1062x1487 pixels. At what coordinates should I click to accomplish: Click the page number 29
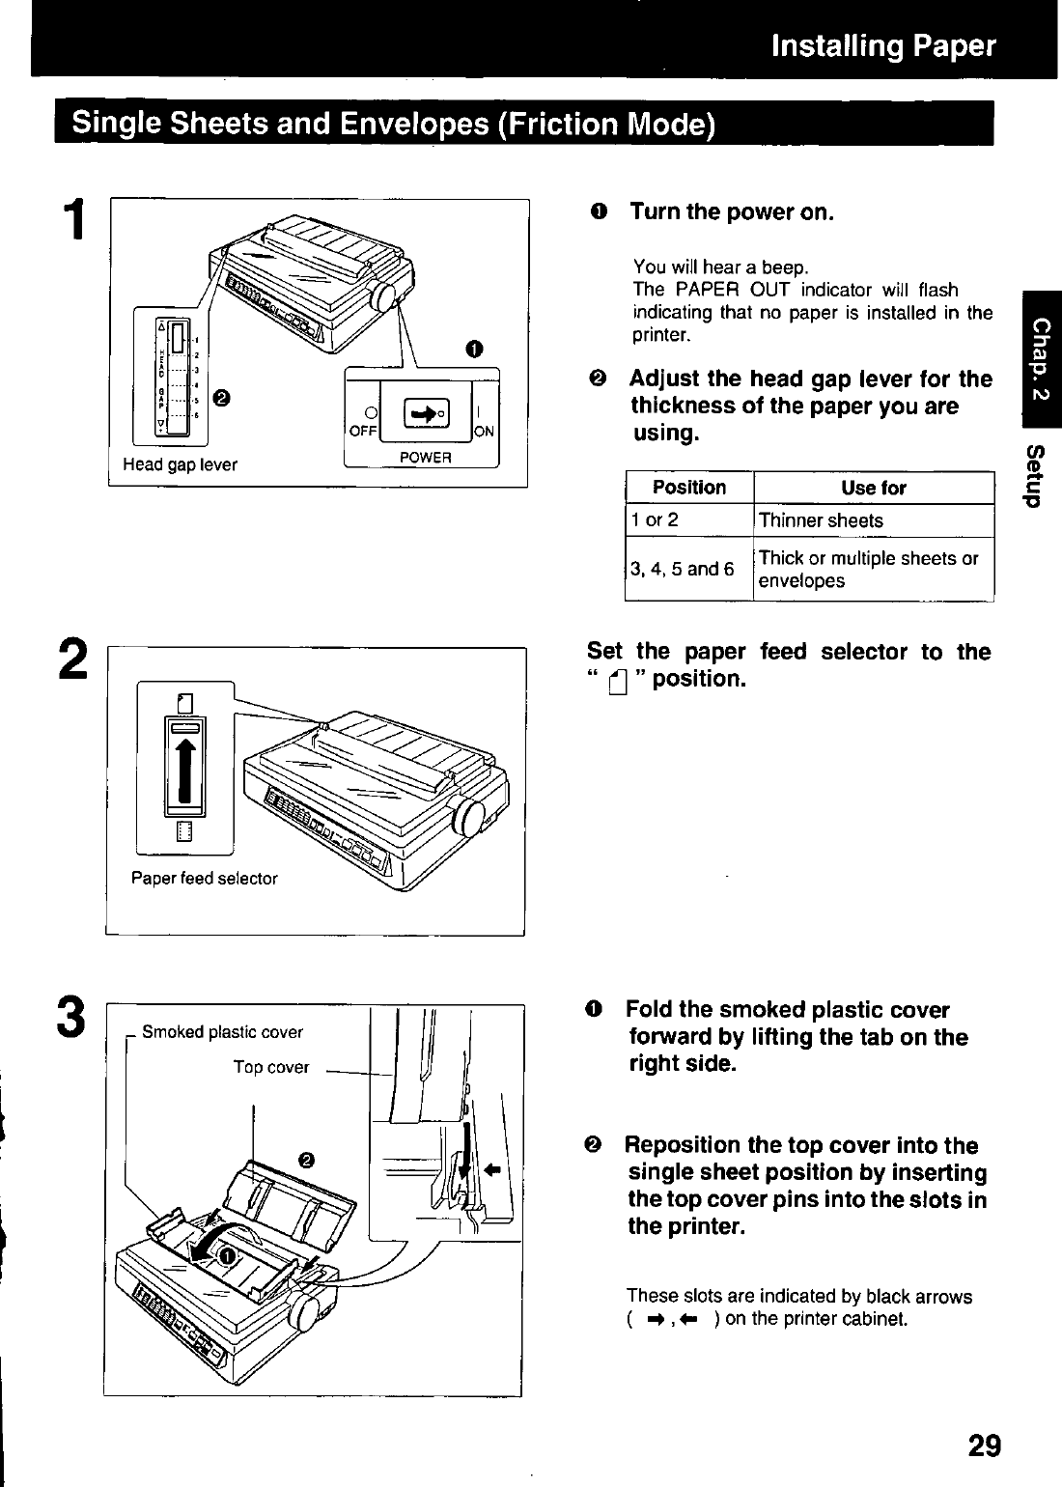point(985,1445)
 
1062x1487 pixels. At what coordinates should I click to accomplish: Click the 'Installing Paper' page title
point(883,45)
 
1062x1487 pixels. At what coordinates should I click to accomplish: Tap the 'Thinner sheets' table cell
point(821,520)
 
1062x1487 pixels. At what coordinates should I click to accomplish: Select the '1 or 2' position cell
point(655,519)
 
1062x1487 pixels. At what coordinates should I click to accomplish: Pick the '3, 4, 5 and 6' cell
point(683,569)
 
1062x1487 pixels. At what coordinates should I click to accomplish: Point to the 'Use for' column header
point(874,488)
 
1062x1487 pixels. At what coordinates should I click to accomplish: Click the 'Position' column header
point(689,488)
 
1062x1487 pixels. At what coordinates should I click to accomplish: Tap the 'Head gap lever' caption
point(180,464)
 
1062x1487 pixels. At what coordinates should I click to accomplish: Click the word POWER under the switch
point(426,458)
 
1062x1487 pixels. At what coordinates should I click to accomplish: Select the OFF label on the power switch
point(363,431)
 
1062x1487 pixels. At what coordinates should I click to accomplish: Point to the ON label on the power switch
point(484,432)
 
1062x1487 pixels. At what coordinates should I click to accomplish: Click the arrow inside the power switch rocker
point(424,415)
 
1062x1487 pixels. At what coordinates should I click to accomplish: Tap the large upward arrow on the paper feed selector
point(185,772)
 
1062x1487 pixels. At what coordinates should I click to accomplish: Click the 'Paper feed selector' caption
point(205,879)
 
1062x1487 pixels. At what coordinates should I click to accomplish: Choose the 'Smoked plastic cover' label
point(222,1031)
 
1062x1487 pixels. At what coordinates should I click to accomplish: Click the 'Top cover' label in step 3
point(270,1067)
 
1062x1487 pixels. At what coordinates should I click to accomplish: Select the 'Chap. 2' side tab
point(1042,359)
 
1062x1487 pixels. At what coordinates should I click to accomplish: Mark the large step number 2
point(73,659)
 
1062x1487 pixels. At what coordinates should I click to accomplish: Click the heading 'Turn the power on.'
point(732,211)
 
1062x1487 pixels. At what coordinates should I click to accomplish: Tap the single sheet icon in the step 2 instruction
point(618,682)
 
